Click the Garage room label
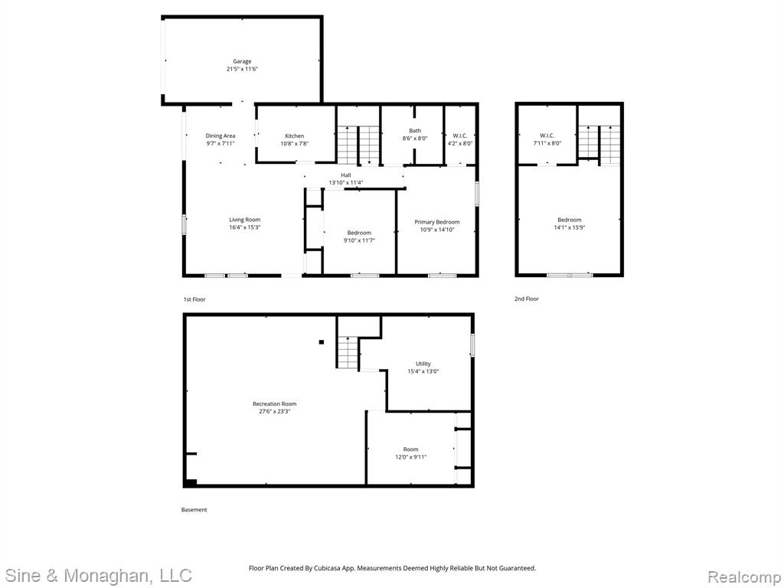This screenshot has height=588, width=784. (242, 61)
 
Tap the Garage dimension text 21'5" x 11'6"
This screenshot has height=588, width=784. (242, 69)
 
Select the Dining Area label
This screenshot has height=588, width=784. (220, 136)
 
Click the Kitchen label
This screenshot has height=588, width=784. (295, 136)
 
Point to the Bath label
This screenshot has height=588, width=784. (415, 131)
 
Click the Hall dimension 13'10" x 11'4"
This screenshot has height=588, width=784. (346, 182)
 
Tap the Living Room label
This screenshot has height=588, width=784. (245, 220)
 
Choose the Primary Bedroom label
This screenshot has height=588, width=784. (437, 222)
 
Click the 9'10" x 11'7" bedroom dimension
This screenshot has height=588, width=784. (359, 240)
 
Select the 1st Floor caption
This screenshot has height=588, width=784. (194, 299)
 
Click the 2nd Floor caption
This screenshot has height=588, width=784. (527, 299)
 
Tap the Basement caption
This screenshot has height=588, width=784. (194, 510)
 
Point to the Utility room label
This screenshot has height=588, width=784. (423, 364)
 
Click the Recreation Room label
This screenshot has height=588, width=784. (275, 404)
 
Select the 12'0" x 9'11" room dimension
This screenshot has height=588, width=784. (411, 457)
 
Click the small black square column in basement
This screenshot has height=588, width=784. (322, 342)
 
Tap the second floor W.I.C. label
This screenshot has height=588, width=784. (547, 136)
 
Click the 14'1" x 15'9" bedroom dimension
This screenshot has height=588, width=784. (570, 227)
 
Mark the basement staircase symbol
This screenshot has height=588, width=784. (348, 352)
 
